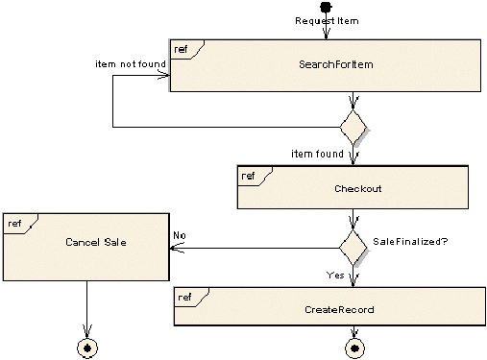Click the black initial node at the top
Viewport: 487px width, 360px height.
[x=327, y=8]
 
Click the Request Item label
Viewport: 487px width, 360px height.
[x=326, y=23]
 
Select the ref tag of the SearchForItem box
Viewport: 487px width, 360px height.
[x=182, y=48]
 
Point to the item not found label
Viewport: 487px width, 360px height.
[x=131, y=67]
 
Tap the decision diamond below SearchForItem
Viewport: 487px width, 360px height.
[x=354, y=127]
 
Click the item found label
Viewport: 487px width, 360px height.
[x=317, y=156]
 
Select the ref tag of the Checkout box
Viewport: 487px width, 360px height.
[x=248, y=175]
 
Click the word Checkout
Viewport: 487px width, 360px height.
[x=357, y=189]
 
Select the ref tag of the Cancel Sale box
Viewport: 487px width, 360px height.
[x=14, y=224]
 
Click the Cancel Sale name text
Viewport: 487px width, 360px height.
[x=96, y=242]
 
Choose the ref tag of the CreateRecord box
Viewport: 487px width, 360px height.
[x=185, y=298]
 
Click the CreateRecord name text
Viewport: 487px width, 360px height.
[x=339, y=310]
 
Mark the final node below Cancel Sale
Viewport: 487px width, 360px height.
[x=88, y=348]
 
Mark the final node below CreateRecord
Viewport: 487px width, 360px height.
[x=355, y=348]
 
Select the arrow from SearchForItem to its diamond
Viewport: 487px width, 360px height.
[x=354, y=103]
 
